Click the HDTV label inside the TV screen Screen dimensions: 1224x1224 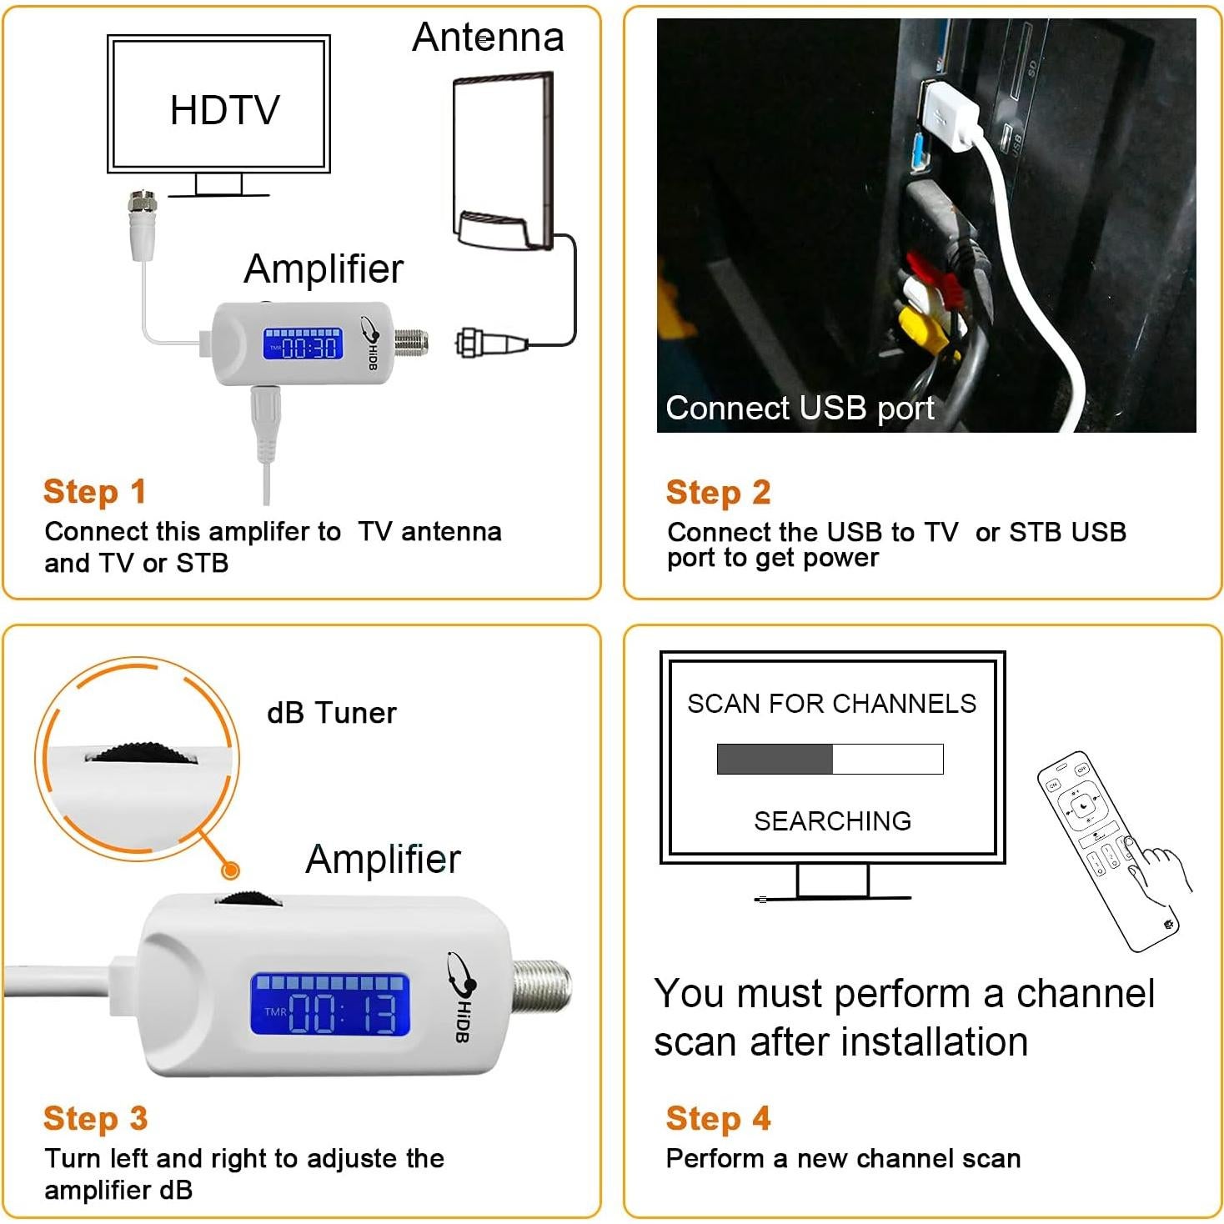pyautogui.click(x=224, y=110)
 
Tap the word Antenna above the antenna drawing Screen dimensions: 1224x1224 pyautogui.click(x=488, y=38)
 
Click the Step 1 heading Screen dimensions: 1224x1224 pyautogui.click(x=94, y=491)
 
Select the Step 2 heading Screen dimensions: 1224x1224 pyautogui.click(x=717, y=492)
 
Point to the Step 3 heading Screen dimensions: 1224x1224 pyautogui.click(x=95, y=1118)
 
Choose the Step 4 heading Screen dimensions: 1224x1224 pyautogui.click(x=717, y=1118)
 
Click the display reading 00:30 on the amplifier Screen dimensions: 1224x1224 pyautogui.click(x=303, y=344)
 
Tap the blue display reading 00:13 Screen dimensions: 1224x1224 pyautogui.click(x=330, y=1006)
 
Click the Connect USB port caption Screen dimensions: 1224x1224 pyautogui.click(x=799, y=409)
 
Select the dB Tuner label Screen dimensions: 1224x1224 pyautogui.click(x=331, y=713)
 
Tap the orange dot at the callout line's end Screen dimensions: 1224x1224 pyautogui.click(x=230, y=870)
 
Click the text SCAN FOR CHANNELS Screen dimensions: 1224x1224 pyautogui.click(x=831, y=704)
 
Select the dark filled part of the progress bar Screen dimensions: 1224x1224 pyautogui.click(x=775, y=759)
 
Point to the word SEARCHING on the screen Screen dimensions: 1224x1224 pyautogui.click(x=832, y=821)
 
